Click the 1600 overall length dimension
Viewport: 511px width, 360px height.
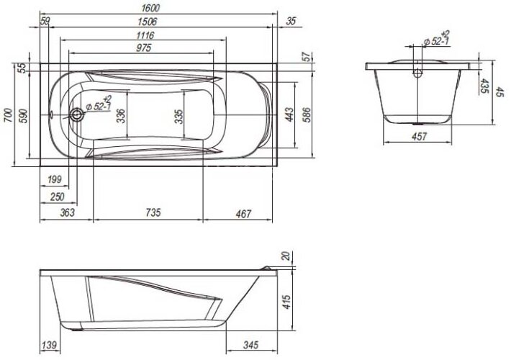151,7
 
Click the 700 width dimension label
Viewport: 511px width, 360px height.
8,115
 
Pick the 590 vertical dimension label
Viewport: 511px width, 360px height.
23,117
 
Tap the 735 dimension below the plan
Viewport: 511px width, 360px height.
152,212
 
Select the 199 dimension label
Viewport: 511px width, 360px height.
54,179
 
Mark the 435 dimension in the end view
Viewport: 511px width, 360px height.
484,87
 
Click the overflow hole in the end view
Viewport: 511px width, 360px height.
417,73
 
